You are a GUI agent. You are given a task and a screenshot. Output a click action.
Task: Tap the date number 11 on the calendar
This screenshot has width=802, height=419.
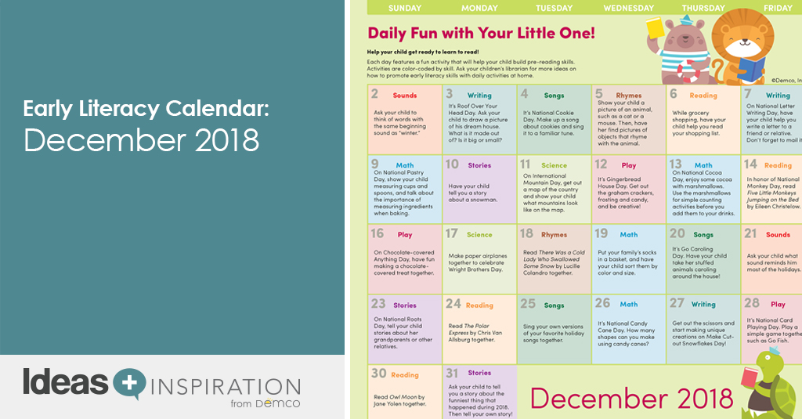click(526, 164)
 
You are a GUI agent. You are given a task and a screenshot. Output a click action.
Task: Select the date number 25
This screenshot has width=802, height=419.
click(528, 304)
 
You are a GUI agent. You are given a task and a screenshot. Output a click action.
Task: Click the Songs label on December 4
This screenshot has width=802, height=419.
click(554, 96)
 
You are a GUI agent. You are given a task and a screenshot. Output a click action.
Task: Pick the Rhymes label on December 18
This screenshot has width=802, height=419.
click(554, 234)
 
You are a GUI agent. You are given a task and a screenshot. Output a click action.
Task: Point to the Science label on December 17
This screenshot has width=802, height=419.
click(479, 234)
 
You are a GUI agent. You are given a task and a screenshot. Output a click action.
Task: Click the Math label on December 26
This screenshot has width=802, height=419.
click(628, 304)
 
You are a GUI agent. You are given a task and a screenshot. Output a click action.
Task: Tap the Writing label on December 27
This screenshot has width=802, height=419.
click(703, 304)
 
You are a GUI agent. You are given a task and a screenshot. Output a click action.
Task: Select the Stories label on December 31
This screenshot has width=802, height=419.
click(479, 373)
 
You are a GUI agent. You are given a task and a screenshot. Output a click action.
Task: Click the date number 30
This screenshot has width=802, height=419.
click(378, 374)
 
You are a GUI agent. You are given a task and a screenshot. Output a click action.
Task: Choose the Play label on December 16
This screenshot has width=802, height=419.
click(405, 234)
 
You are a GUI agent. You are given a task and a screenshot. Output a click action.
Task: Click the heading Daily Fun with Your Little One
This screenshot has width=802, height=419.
click(482, 34)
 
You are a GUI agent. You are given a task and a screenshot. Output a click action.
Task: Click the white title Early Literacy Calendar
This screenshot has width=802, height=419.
click(146, 109)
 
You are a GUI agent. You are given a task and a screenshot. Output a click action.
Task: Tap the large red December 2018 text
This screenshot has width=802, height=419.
click(619, 397)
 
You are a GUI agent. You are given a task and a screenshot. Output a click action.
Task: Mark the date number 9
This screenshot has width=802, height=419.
click(375, 164)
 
